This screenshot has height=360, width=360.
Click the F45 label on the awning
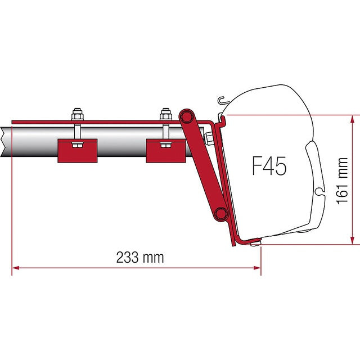(269, 166)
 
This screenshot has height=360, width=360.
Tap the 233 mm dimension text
(140, 258)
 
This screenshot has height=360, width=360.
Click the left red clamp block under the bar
(77, 151)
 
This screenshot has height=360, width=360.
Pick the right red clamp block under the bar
(166, 151)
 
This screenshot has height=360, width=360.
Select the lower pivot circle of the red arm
(220, 213)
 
